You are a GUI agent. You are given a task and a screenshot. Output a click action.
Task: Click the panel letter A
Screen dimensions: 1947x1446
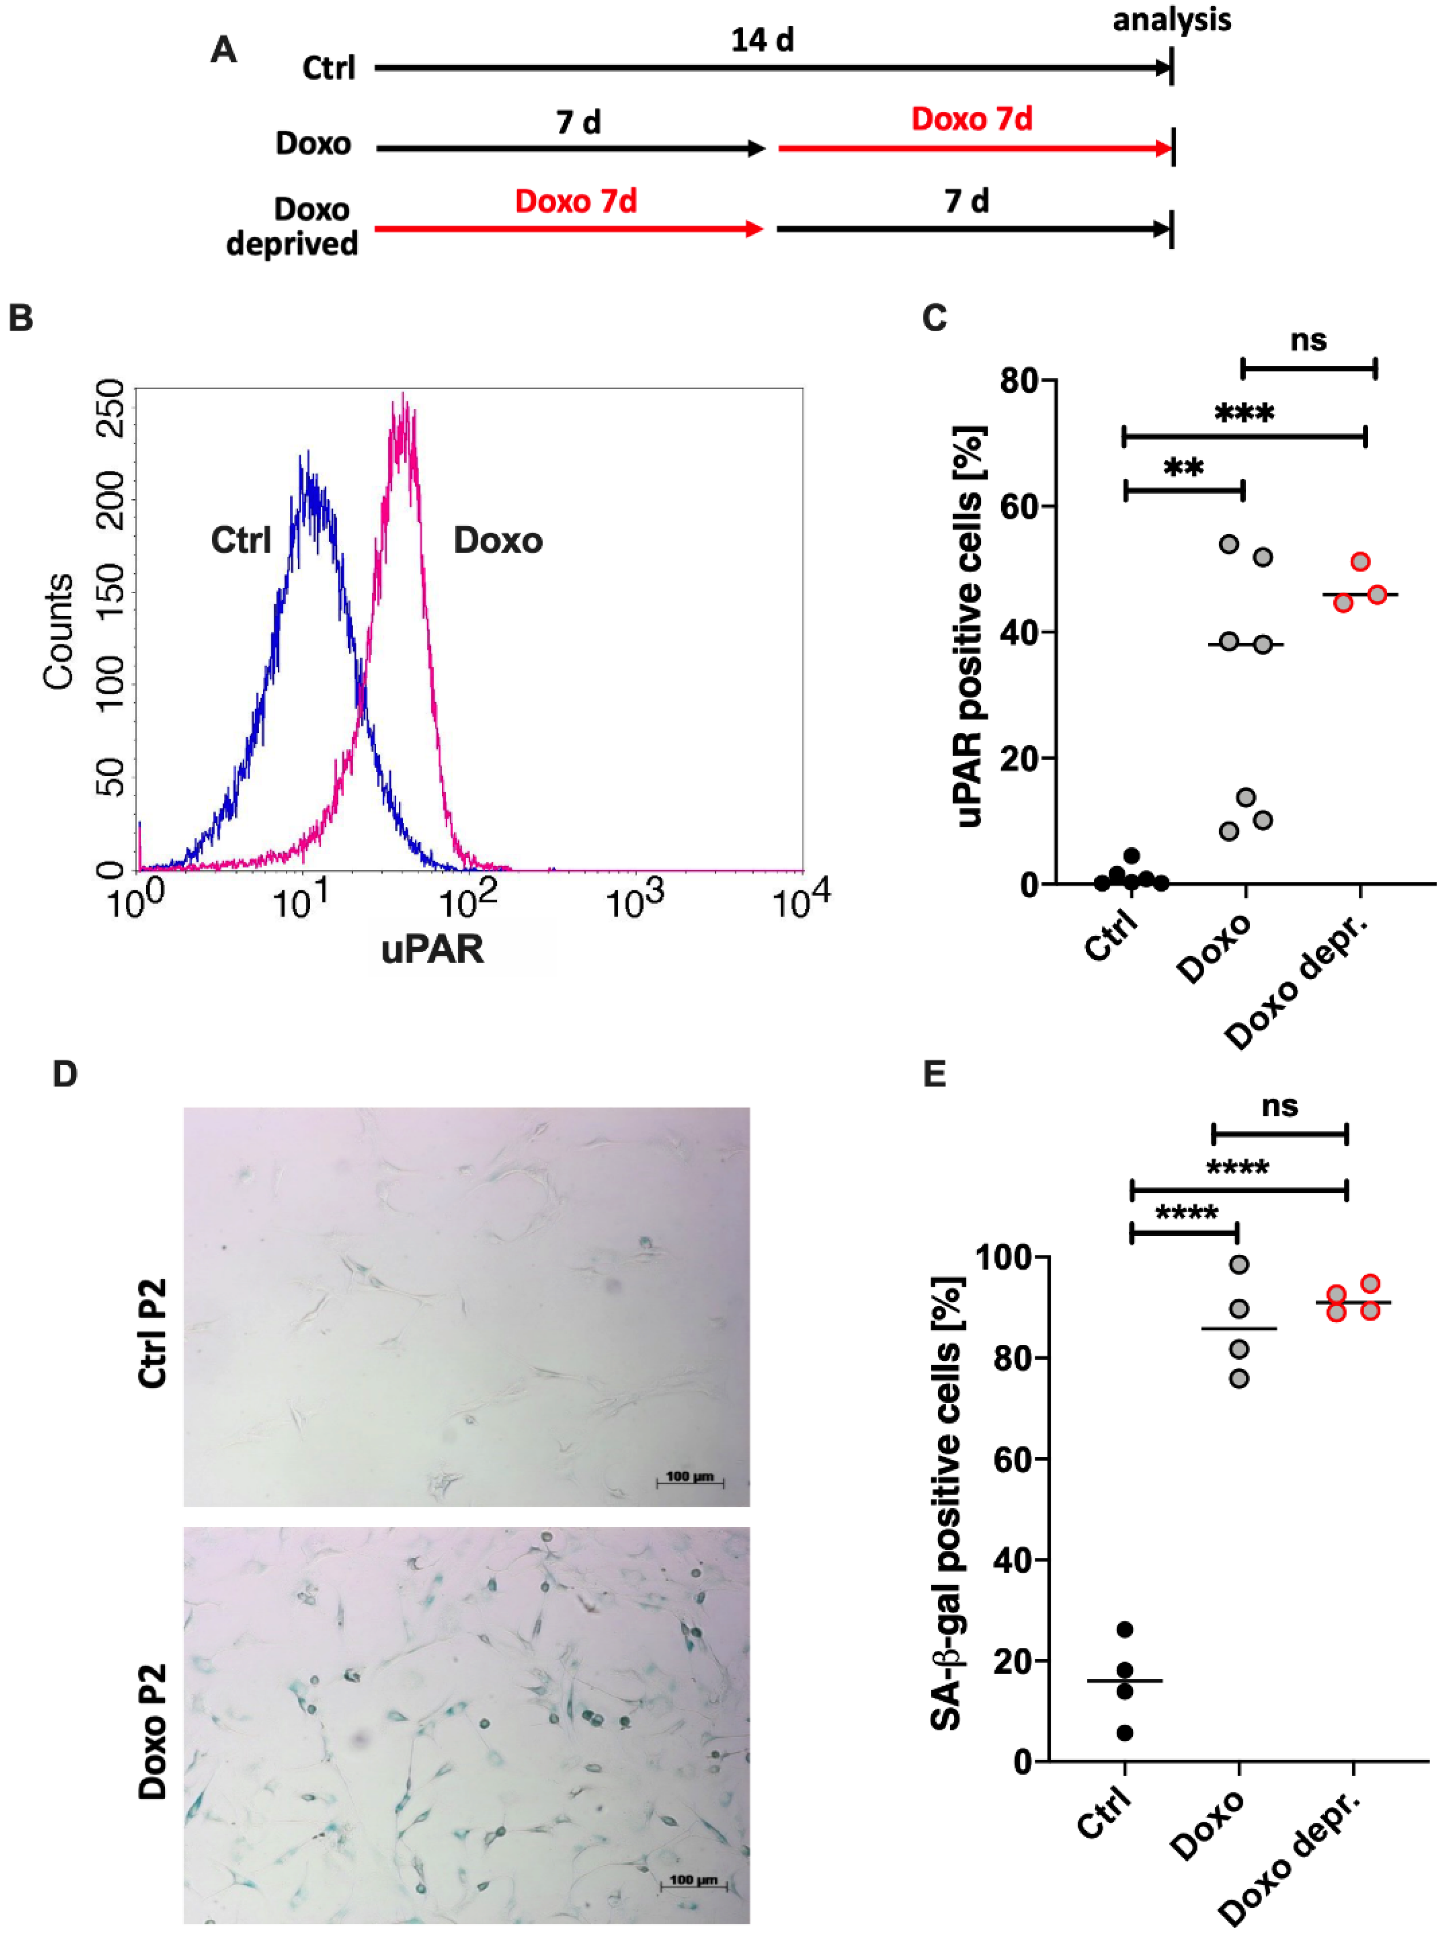click(x=224, y=50)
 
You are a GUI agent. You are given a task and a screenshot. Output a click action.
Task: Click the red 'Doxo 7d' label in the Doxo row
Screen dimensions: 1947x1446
click(x=971, y=119)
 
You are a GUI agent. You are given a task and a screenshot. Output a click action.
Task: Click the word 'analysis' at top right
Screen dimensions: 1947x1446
click(x=1171, y=19)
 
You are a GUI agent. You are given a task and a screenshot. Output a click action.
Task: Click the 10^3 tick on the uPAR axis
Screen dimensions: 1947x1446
click(x=635, y=901)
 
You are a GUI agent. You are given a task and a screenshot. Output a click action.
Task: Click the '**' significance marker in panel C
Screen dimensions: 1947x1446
click(x=1183, y=468)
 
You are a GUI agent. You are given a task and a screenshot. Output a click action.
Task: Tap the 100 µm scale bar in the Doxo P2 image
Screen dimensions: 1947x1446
click(x=693, y=1881)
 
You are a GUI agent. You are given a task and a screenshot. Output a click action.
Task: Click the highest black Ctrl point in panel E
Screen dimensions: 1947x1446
click(x=1125, y=1630)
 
